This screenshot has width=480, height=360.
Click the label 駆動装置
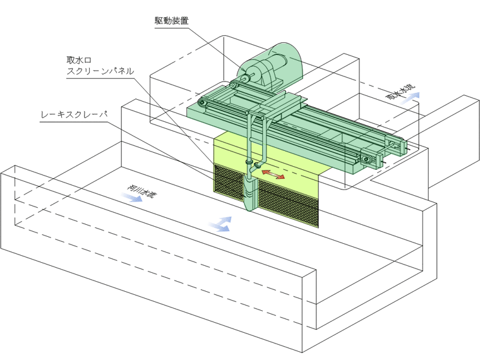(171, 21)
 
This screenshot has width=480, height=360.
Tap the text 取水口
(80, 60)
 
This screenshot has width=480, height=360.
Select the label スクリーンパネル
(100, 71)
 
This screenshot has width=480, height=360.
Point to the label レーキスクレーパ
(74, 114)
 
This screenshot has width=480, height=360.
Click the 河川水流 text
(140, 191)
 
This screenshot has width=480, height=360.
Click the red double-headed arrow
(273, 174)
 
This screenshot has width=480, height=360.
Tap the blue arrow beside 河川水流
(135, 198)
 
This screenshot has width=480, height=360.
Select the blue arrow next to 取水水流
(411, 98)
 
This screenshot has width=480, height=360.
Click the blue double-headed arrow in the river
(220, 224)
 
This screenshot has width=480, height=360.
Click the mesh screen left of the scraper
(229, 183)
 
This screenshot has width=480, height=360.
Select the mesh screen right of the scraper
(289, 203)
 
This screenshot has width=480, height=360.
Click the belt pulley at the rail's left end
(201, 103)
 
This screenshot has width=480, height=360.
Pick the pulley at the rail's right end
(366, 159)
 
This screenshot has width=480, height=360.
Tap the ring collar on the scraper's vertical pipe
(249, 162)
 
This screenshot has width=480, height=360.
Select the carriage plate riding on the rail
(282, 101)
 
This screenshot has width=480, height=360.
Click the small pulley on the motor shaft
(246, 78)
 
